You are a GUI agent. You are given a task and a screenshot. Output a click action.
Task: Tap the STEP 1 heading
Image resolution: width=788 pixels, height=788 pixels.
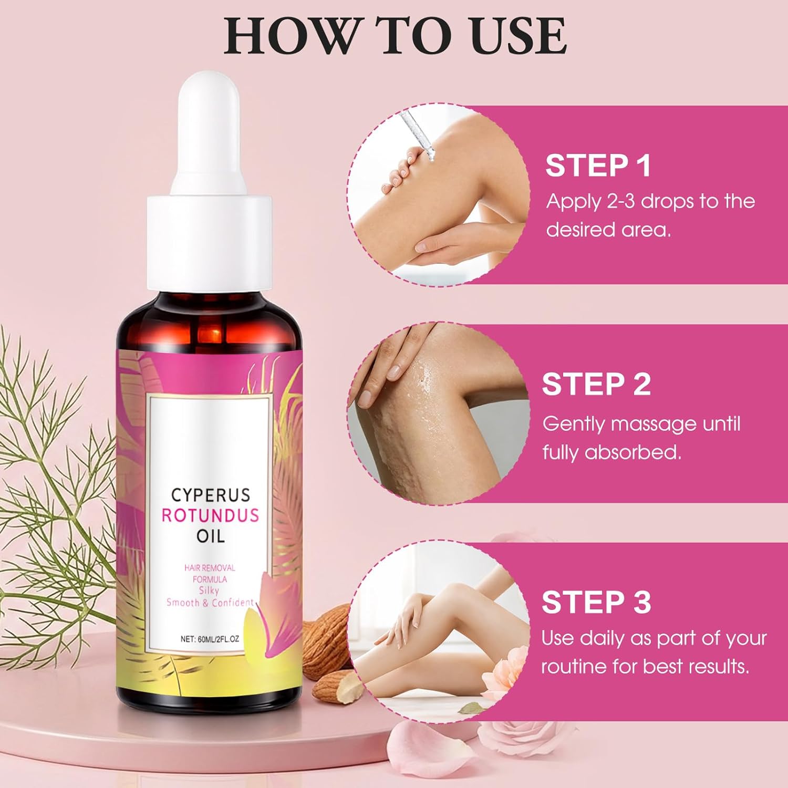[x=598, y=165]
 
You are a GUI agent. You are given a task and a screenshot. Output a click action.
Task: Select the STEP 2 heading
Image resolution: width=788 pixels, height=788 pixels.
[x=596, y=384]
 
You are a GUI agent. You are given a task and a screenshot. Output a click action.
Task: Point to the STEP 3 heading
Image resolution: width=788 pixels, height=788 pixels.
[x=596, y=602]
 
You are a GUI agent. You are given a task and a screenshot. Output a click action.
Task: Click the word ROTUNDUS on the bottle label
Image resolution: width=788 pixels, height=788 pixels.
[x=210, y=515]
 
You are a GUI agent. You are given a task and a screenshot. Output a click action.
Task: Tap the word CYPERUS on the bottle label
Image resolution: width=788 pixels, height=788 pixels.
[x=211, y=495]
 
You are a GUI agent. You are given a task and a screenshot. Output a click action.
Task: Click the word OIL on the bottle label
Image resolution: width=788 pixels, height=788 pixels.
[x=210, y=536]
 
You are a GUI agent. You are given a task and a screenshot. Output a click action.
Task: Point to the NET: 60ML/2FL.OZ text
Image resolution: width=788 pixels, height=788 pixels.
[x=210, y=639]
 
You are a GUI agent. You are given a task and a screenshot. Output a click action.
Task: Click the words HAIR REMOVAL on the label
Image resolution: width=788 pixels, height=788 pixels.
[x=210, y=568]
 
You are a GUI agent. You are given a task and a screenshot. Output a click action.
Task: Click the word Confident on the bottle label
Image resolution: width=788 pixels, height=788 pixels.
[x=232, y=603]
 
